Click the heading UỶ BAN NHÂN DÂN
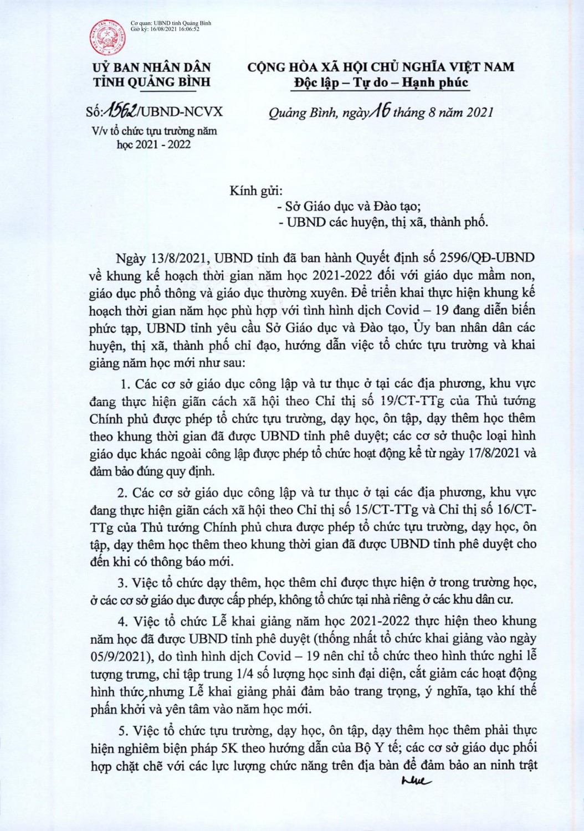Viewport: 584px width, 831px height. coord(152,68)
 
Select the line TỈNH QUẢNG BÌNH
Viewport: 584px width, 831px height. coord(152,83)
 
